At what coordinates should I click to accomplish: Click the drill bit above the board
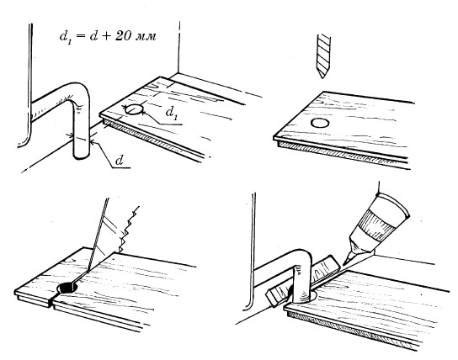pyautogui.click(x=323, y=56)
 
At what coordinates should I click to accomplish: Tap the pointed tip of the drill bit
pyautogui.click(x=322, y=78)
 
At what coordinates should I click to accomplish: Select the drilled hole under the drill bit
pyautogui.click(x=320, y=123)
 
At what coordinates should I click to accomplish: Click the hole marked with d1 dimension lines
pyautogui.click(x=135, y=109)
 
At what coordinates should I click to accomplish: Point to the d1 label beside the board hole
pyautogui.click(x=172, y=113)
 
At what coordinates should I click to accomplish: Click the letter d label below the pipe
pyautogui.click(x=119, y=160)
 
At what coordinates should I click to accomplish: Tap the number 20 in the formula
pyautogui.click(x=122, y=36)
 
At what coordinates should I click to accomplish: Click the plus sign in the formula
pyautogui.click(x=105, y=37)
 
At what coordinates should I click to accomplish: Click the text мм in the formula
pyautogui.click(x=146, y=37)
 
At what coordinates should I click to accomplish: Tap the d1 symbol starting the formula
pyautogui.click(x=65, y=37)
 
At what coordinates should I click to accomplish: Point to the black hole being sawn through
pyautogui.click(x=68, y=288)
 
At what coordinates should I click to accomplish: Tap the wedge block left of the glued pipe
pyautogui.click(x=277, y=295)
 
